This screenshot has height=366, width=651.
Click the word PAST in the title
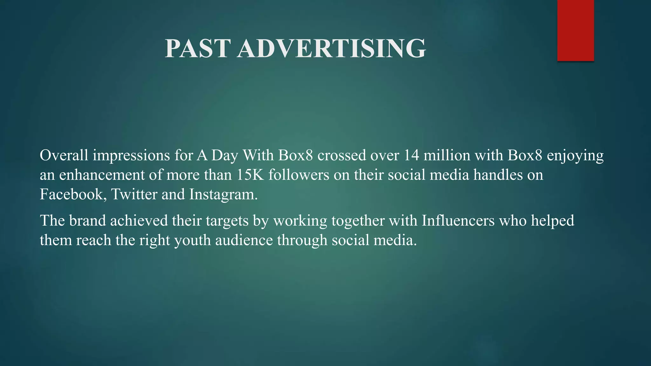(x=197, y=48)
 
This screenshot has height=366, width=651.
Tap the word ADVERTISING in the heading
(x=331, y=48)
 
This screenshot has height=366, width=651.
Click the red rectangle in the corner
(x=575, y=30)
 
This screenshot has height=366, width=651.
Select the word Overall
(x=64, y=155)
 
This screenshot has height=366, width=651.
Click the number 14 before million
(x=412, y=155)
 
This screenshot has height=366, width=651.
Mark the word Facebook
(x=73, y=194)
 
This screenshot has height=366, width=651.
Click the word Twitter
(x=134, y=194)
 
